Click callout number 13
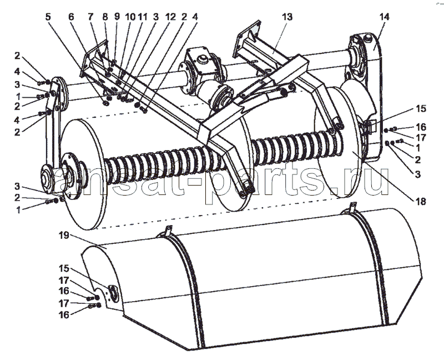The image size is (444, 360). (x=287, y=17)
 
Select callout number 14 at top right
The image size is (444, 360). (x=384, y=17)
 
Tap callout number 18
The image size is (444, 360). (x=421, y=202)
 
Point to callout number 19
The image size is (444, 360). (x=64, y=235)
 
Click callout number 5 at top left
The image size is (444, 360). (x=48, y=17)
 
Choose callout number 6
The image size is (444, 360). (x=71, y=17)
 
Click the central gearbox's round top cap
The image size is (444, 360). (x=202, y=59)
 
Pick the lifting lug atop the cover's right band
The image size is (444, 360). (x=351, y=207)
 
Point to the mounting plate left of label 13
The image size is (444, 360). (x=246, y=39)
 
